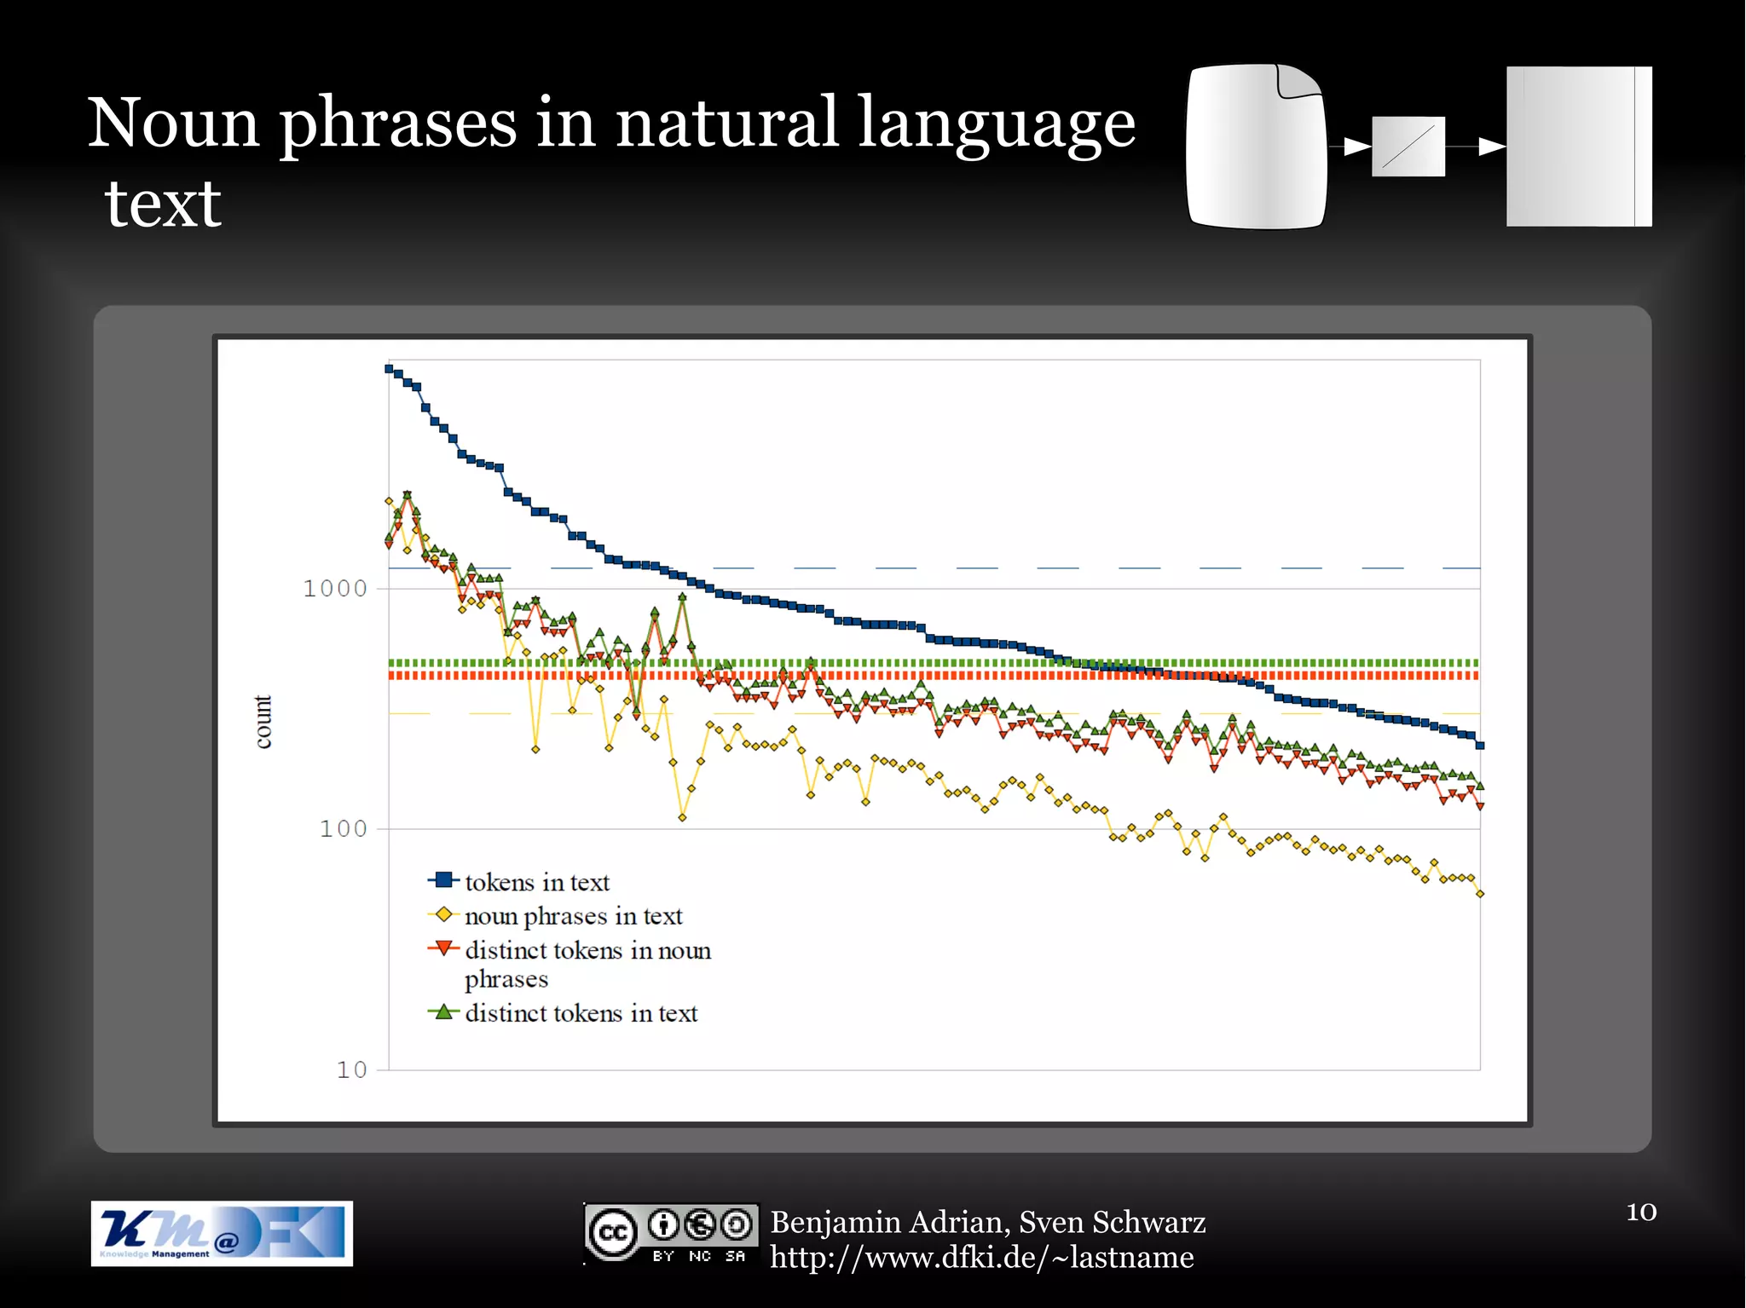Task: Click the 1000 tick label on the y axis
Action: pos(334,589)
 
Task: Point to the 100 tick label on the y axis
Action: pos(343,829)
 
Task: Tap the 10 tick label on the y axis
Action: pos(351,1070)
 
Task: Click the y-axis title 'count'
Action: pos(263,722)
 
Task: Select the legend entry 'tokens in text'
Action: pos(536,882)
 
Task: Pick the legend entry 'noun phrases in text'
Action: pos(573,916)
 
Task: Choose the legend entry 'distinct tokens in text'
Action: pos(581,1013)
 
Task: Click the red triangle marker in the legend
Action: pos(442,948)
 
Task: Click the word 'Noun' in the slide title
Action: pos(173,124)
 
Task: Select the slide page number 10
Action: pos(1640,1212)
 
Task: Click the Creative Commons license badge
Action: pos(671,1233)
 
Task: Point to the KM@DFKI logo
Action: pos(222,1233)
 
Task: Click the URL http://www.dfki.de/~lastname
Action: pos(981,1258)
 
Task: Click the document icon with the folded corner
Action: pos(1256,147)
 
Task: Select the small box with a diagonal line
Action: pos(1408,147)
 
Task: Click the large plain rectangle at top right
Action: pos(1578,147)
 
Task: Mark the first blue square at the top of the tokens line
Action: pos(389,369)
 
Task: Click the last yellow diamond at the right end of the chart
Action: pos(1480,894)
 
